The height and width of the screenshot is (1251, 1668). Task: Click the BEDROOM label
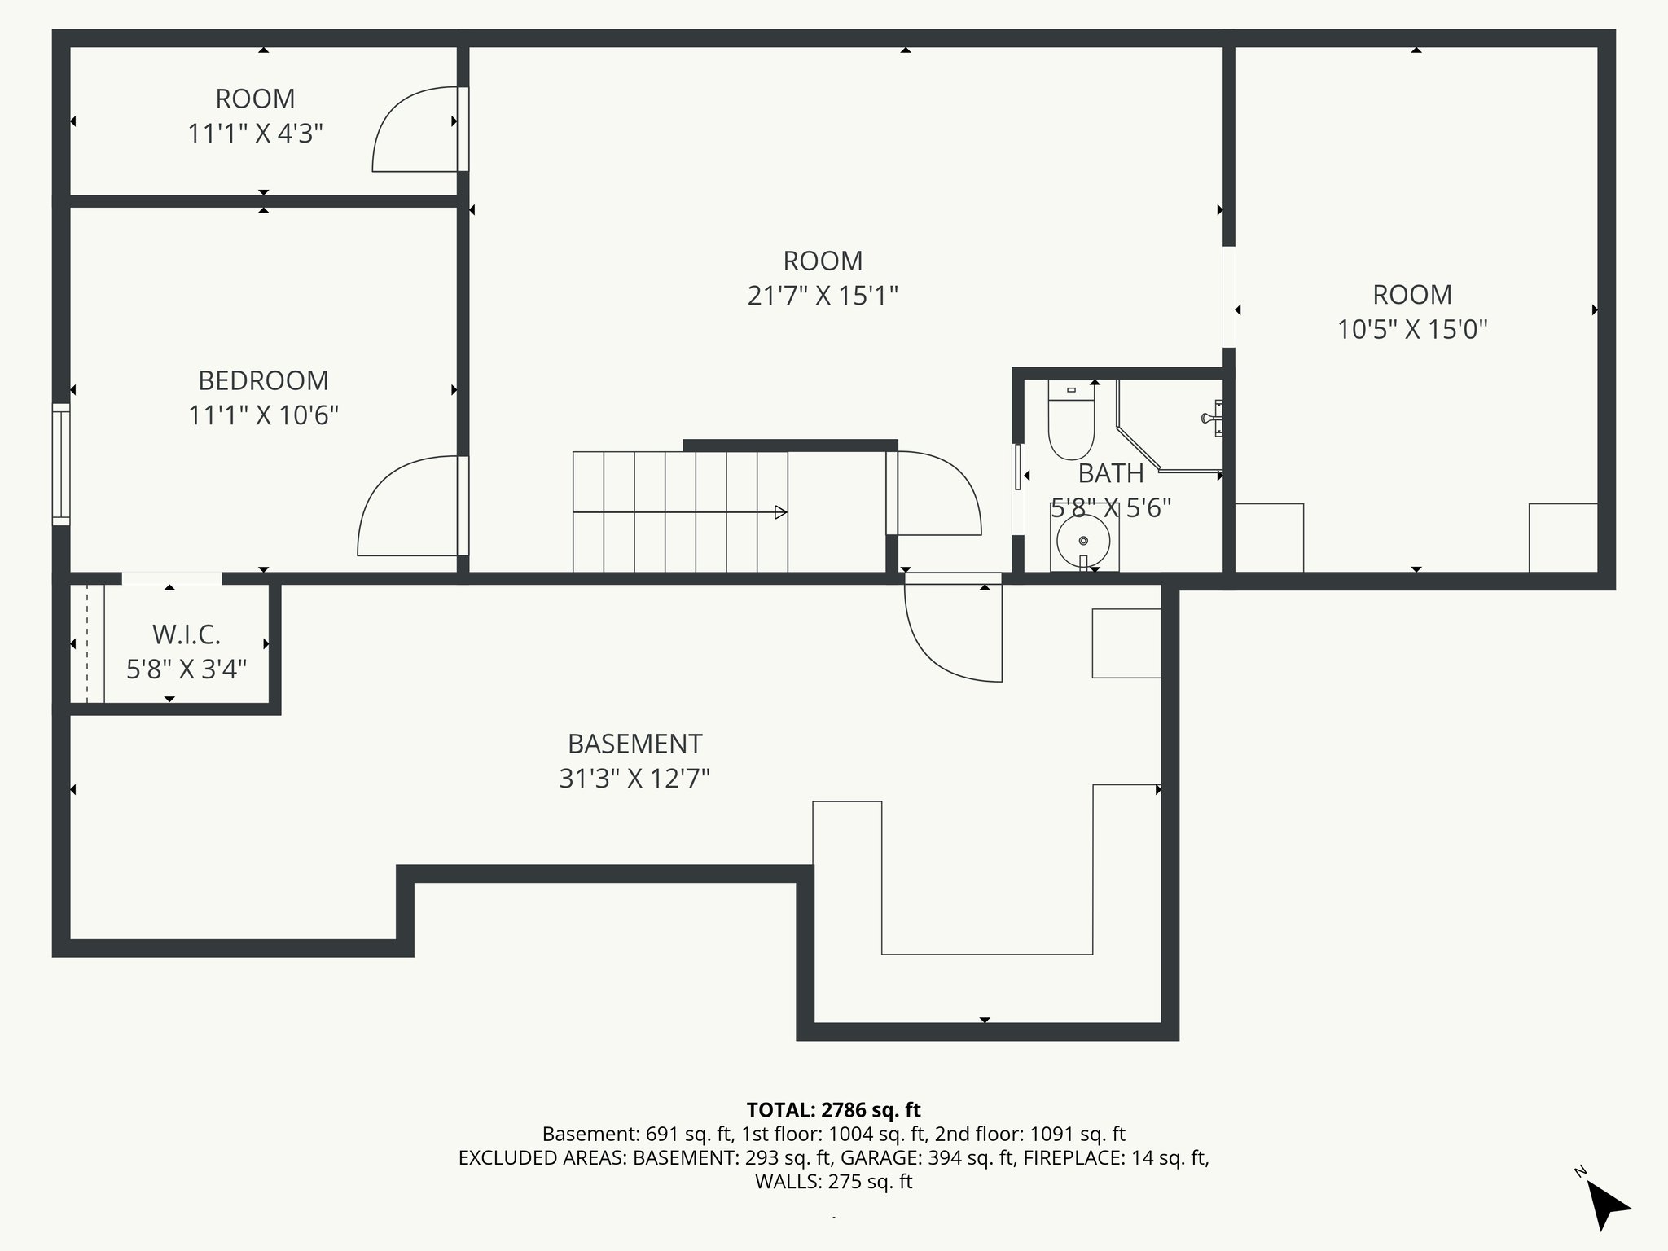click(263, 380)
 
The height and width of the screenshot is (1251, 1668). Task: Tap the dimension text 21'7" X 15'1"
click(823, 296)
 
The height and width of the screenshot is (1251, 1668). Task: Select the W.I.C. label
click(187, 634)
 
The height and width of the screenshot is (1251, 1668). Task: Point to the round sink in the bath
click(1083, 540)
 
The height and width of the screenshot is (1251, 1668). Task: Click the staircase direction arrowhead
click(780, 512)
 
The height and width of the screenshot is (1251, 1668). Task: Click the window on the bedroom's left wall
click(61, 464)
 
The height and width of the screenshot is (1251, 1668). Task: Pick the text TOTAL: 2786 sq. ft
click(833, 1110)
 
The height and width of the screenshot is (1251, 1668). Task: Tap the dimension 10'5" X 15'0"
click(1412, 330)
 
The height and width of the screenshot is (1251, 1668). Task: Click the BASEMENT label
click(634, 744)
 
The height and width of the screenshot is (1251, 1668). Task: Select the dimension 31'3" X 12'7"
click(634, 779)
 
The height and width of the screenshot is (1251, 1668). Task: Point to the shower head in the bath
click(1213, 418)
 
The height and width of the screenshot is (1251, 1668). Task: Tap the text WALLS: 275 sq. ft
click(833, 1182)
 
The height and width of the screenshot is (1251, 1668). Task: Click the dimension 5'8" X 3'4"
click(187, 669)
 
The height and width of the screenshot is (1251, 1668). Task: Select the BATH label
click(1111, 473)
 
